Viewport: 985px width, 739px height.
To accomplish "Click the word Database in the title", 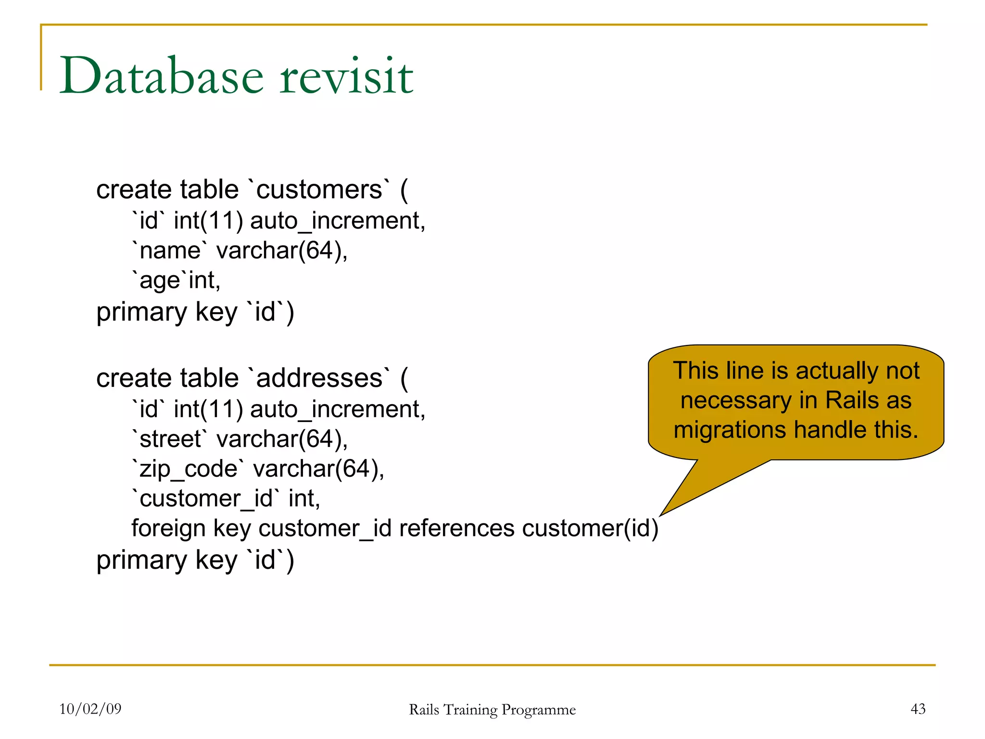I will coord(161,76).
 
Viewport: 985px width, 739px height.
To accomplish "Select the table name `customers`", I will coord(319,190).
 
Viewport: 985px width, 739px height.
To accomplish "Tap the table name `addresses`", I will coord(319,378).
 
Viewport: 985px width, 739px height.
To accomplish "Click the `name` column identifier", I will coord(170,251).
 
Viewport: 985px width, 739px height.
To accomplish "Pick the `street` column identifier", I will coord(170,439).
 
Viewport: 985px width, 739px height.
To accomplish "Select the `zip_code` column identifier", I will coord(188,469).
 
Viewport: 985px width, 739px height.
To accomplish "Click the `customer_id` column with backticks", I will coord(205,498).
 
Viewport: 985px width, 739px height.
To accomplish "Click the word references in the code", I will coord(457,528).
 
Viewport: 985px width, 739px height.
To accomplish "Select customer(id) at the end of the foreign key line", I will coord(590,528).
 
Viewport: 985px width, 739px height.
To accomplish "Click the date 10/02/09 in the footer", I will coord(90,709).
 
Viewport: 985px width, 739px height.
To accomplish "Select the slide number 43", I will coord(918,709).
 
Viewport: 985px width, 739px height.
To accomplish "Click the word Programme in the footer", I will coord(539,710).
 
